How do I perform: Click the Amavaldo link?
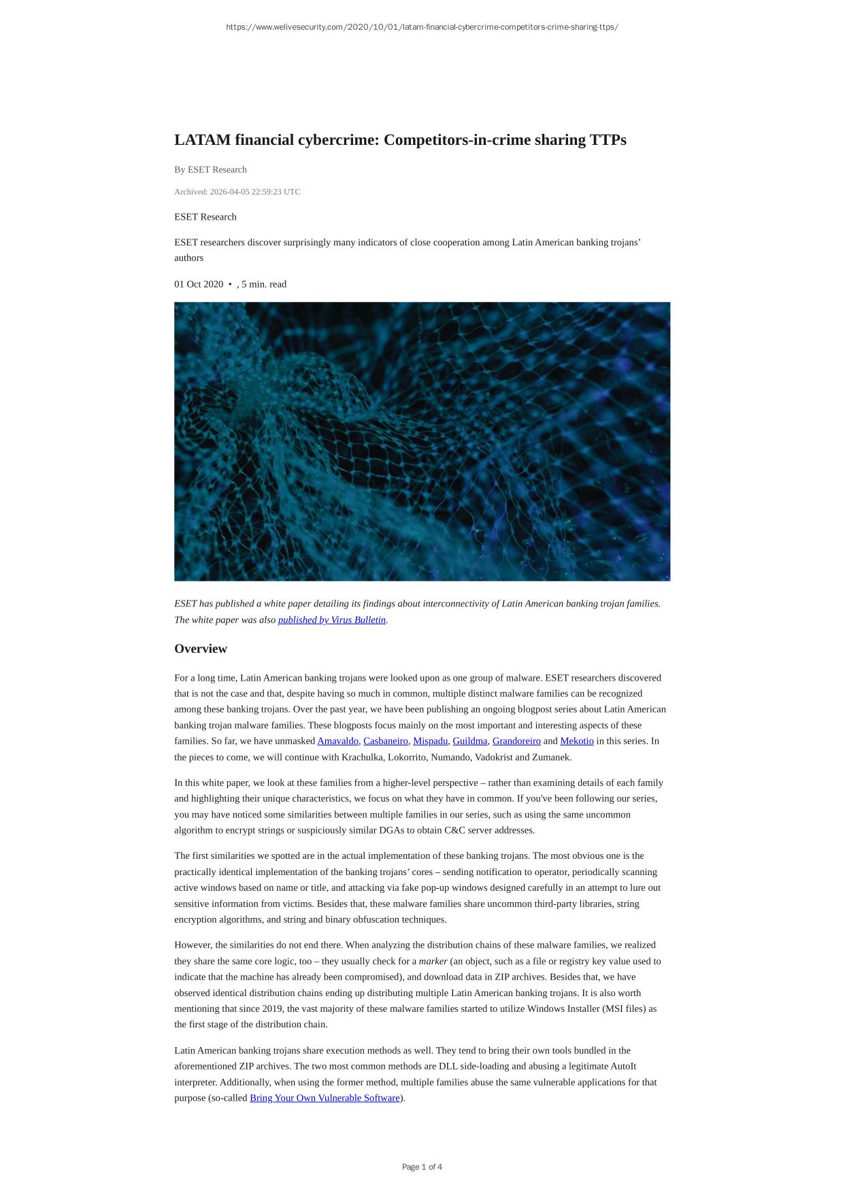pos(337,741)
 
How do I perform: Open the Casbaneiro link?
pos(386,741)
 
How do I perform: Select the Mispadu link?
pos(430,741)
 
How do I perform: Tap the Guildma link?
pos(469,741)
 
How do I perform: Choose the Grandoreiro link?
pos(516,741)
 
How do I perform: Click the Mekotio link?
pos(577,741)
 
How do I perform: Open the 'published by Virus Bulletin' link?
pos(332,620)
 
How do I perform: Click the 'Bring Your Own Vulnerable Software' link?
pos(325,1098)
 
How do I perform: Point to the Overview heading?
pos(201,649)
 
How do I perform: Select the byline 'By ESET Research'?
pos(210,170)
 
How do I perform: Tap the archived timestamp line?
pos(237,192)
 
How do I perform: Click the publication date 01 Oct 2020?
pos(199,284)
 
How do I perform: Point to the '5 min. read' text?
pos(264,284)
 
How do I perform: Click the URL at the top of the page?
pos(422,27)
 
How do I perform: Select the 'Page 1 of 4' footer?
pos(422,1167)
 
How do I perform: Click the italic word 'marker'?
pos(433,961)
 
